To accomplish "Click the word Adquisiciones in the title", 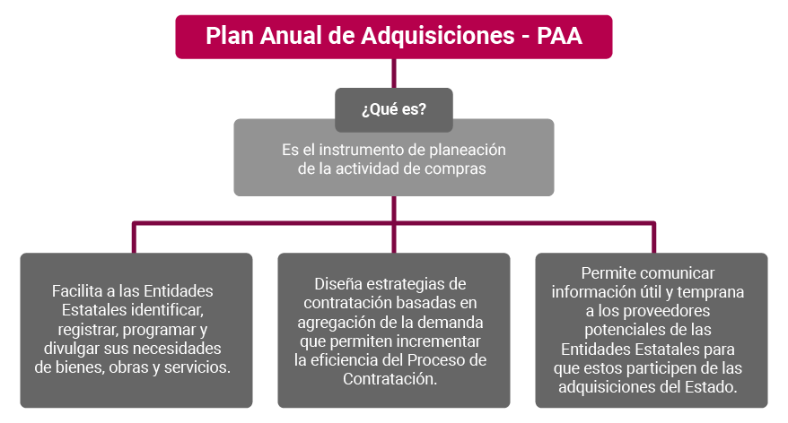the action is point(438,36).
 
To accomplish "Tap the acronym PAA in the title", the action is point(559,36).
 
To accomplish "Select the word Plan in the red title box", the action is point(229,36).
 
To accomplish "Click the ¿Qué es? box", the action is point(394,110).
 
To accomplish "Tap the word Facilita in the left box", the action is point(77,291).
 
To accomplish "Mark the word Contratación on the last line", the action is point(390,379).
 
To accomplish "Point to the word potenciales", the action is point(619,330).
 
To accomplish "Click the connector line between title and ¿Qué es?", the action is point(394,73).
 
